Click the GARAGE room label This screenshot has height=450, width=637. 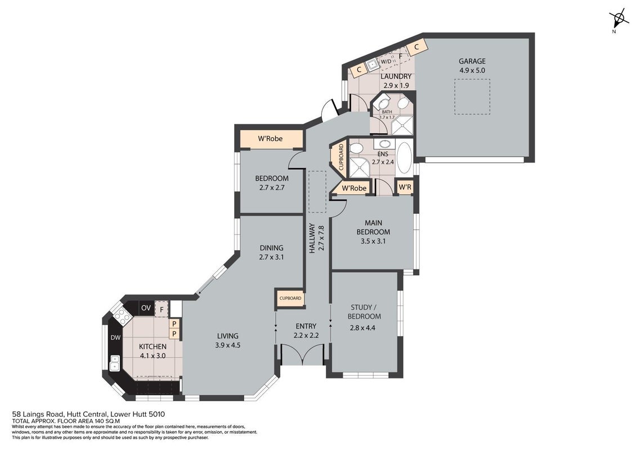click(x=472, y=61)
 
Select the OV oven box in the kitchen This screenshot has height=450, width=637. click(x=146, y=308)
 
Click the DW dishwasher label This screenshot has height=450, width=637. click(x=116, y=337)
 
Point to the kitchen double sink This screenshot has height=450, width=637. click(x=115, y=363)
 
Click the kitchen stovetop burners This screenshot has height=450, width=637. click(x=122, y=315)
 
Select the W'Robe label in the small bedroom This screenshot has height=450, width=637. click(x=270, y=138)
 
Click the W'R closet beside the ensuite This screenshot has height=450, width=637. click(x=405, y=187)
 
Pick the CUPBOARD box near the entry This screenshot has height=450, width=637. click(x=290, y=298)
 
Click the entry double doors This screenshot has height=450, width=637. click(x=303, y=354)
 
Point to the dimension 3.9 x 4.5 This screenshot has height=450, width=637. click(x=228, y=345)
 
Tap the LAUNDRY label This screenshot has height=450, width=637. click(x=396, y=76)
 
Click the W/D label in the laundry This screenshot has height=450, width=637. click(x=386, y=62)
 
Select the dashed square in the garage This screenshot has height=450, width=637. click(x=472, y=97)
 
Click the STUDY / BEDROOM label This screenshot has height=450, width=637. click(x=366, y=312)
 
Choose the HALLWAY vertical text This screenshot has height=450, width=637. click(x=312, y=239)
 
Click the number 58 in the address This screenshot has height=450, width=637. click(x=16, y=414)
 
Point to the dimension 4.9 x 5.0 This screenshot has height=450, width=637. click(x=472, y=70)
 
